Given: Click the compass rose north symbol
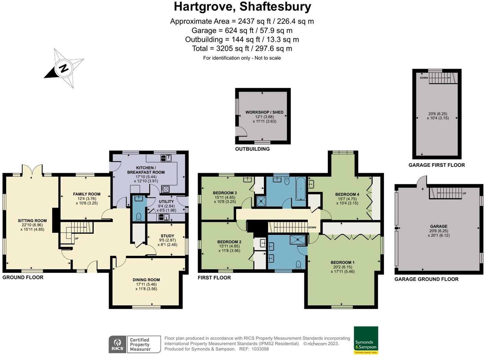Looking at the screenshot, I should pyautogui.click(x=64, y=68).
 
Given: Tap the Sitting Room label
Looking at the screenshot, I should pyautogui.click(x=32, y=221).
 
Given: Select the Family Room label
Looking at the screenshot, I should pyautogui.click(x=86, y=194).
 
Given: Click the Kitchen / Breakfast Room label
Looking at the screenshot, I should pyautogui.click(x=146, y=170).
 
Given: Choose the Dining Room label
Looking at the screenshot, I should pyautogui.click(x=146, y=280).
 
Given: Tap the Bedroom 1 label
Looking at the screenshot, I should pyautogui.click(x=343, y=263).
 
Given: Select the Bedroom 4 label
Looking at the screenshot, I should pyautogui.click(x=347, y=194).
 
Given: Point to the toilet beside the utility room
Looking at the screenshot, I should pyautogui.click(x=139, y=216).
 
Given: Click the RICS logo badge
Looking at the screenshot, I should pyautogui.click(x=117, y=344).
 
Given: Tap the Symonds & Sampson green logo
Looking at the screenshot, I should pyautogui.click(x=366, y=340).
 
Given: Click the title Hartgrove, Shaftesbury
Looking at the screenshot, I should pyautogui.click(x=242, y=7).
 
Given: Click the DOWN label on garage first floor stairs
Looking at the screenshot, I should pyautogui.click(x=424, y=78).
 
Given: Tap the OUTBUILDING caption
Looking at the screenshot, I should pyautogui.click(x=252, y=149).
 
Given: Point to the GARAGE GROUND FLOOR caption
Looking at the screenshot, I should pyautogui.click(x=426, y=279).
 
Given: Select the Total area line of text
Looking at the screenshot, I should pyautogui.click(x=242, y=48).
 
